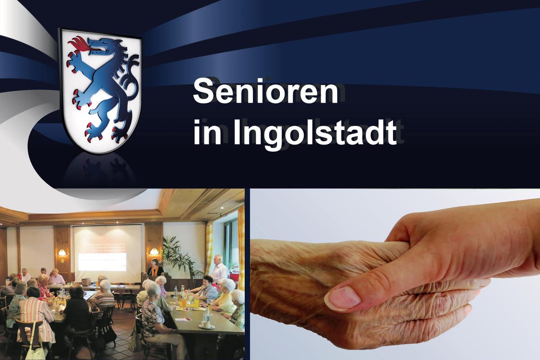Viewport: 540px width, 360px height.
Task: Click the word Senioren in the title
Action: tap(265, 91)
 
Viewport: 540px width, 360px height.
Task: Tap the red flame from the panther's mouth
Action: tap(78, 44)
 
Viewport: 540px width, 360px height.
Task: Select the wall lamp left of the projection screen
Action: tap(62, 253)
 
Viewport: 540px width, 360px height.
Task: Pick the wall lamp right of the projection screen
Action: tap(154, 252)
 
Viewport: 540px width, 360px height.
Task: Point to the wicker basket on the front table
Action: tap(86, 281)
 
